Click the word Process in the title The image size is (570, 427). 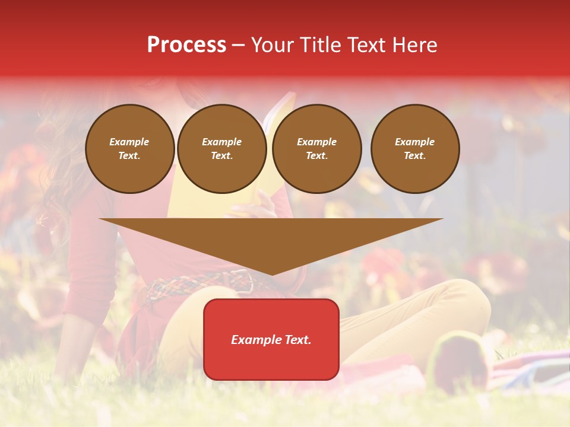click(x=186, y=45)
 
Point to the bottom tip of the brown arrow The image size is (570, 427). click(x=271, y=275)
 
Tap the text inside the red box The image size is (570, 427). click(x=271, y=340)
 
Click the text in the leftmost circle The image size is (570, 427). click(x=129, y=149)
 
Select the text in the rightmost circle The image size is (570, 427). click(x=414, y=149)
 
